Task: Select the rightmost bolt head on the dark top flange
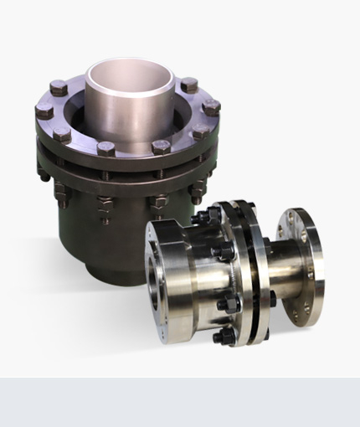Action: pos(212,107)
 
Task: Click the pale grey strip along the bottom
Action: pos(180,402)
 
